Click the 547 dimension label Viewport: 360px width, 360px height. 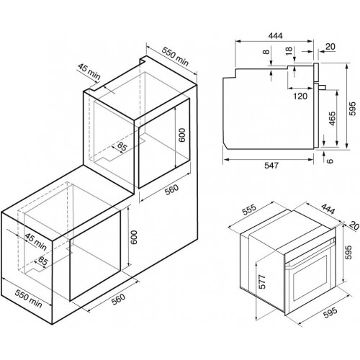pyautogui.click(x=271, y=166)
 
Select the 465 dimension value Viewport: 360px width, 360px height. pyautogui.click(x=332, y=118)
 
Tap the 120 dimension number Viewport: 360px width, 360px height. pyautogui.click(x=300, y=96)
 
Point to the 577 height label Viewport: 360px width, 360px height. pyautogui.click(x=263, y=282)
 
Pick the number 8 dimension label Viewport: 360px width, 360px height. pyautogui.click(x=266, y=51)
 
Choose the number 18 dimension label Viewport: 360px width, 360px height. pyautogui.click(x=289, y=51)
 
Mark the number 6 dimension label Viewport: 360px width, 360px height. pyautogui.click(x=330, y=161)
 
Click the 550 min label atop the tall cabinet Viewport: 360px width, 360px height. pyautogui.click(x=175, y=57)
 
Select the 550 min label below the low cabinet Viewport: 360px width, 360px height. pyautogui.click(x=28, y=299)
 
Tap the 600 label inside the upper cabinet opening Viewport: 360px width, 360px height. pyautogui.click(x=182, y=135)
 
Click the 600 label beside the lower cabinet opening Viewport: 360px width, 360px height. pyautogui.click(x=133, y=238)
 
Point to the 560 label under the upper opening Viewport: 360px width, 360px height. pyautogui.click(x=172, y=189)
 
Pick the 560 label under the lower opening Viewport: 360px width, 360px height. pyautogui.click(x=118, y=299)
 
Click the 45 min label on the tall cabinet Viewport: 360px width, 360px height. pyautogui.click(x=89, y=72)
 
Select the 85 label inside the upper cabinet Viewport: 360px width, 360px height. pyautogui.click(x=122, y=146)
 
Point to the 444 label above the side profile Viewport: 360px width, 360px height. pyautogui.click(x=275, y=35)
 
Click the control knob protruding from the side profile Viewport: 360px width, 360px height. pyautogui.click(x=322, y=87)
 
